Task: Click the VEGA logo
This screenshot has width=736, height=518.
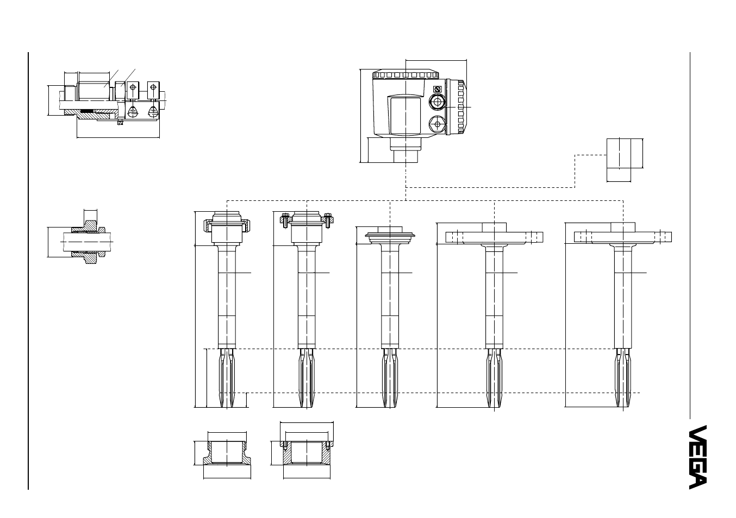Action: (x=698, y=457)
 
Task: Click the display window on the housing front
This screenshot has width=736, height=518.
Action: (x=406, y=115)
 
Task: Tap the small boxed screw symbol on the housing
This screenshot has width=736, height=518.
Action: (x=438, y=89)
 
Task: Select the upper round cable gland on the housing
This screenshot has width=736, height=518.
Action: (x=438, y=103)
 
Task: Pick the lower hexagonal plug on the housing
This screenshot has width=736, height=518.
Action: (x=438, y=124)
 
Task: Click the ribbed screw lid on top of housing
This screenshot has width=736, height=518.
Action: (x=406, y=74)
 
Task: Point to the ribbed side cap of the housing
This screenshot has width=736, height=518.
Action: (x=456, y=107)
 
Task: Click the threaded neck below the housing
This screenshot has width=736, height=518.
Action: (x=406, y=150)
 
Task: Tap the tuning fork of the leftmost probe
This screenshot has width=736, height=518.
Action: (x=227, y=378)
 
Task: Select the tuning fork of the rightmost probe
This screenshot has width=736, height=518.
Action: (x=623, y=378)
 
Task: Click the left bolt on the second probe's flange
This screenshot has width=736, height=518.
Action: (x=285, y=220)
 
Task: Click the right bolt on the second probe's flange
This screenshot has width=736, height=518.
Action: (x=328, y=220)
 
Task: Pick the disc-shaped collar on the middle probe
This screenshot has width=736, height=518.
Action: (x=390, y=235)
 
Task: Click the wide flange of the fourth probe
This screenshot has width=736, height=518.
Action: (x=494, y=237)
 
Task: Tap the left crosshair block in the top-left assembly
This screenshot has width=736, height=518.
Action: (x=133, y=90)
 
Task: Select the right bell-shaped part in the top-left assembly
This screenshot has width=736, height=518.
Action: (x=153, y=112)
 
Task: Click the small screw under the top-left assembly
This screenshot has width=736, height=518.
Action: (x=120, y=123)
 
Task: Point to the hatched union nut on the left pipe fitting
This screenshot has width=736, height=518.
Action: (x=90, y=242)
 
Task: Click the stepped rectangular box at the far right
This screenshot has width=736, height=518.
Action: (x=625, y=160)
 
